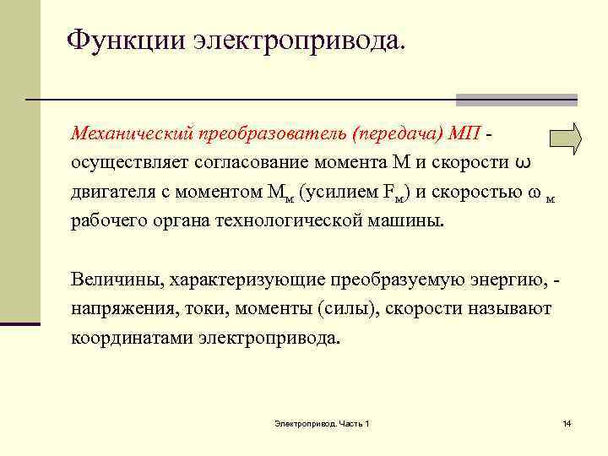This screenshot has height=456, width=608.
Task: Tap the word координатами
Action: tap(133, 338)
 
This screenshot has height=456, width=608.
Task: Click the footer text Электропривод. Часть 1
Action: tap(322, 422)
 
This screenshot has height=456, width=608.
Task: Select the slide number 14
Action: tap(567, 422)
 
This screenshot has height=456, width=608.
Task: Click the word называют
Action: tap(510, 308)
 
